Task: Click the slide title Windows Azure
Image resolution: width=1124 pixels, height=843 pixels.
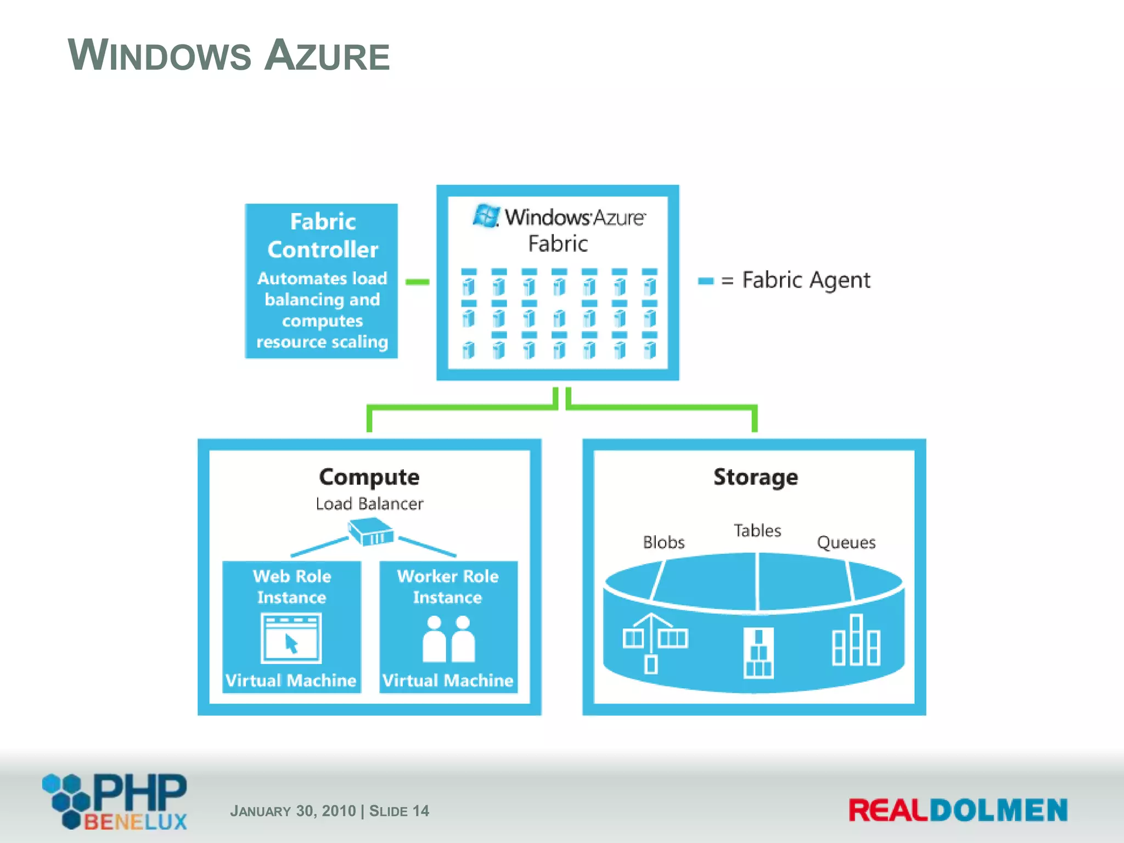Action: coord(228,55)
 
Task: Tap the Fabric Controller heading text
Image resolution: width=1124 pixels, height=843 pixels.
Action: coord(323,236)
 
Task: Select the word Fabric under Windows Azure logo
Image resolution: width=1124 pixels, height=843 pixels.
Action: coord(558,244)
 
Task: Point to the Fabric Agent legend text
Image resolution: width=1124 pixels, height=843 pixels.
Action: coord(806,280)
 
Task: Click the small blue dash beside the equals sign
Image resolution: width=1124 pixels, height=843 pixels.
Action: coord(705,281)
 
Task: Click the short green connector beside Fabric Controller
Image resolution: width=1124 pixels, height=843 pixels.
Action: coord(417,282)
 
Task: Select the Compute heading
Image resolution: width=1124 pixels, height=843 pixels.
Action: coord(369,477)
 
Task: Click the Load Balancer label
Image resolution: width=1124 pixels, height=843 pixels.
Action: coord(369,504)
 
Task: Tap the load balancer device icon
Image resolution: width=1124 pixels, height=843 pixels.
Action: coord(372,531)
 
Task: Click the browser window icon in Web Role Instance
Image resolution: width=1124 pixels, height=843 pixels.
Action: coord(291,638)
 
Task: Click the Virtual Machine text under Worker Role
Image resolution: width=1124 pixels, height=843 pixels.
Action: coord(448,681)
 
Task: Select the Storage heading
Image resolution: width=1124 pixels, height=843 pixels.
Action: coord(755,477)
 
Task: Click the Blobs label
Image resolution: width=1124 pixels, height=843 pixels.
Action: coord(664,542)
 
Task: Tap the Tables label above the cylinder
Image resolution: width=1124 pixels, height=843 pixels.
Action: coord(757,531)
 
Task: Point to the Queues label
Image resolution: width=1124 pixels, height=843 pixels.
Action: coord(846,543)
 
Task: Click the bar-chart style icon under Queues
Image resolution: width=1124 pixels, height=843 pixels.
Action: coord(856,640)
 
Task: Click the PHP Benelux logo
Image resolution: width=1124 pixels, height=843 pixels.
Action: coord(115,801)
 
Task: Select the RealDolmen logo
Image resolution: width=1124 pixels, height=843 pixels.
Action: coord(958,811)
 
